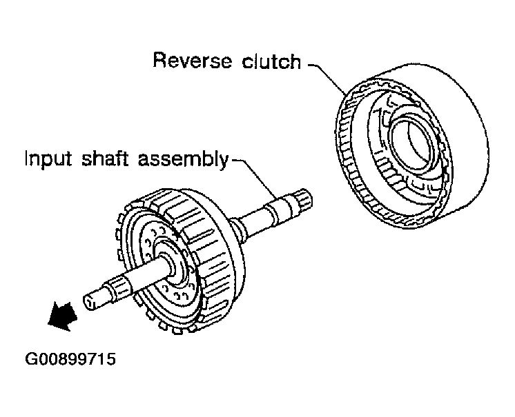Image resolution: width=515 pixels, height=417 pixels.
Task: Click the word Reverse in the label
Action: coord(192,61)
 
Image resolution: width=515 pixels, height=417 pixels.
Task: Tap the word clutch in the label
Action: coord(271,61)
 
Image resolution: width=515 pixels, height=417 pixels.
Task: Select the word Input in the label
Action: coord(48,160)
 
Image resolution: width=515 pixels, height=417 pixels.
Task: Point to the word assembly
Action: coord(183,159)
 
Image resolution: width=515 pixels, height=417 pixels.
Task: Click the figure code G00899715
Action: coord(70,358)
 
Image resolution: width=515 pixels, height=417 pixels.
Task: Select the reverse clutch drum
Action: coord(411,148)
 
